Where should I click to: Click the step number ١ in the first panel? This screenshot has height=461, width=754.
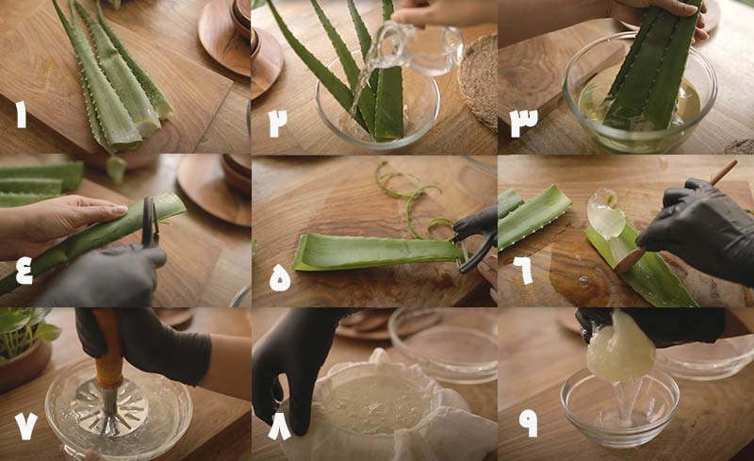tap(20, 115)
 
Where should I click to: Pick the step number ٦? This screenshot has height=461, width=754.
tap(522, 271)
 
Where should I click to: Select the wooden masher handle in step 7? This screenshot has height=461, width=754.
tap(107, 349)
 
